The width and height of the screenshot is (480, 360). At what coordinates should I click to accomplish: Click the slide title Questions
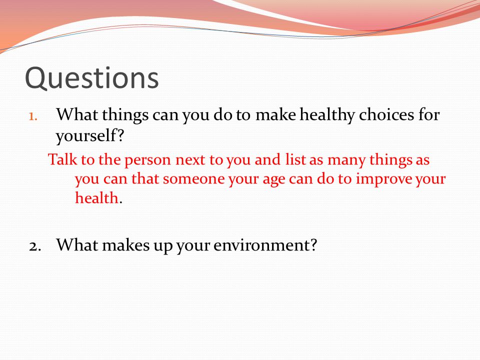[x=92, y=78]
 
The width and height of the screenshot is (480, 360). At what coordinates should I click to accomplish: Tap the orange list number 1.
[x=33, y=116]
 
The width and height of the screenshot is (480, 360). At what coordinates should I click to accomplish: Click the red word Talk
[x=62, y=159]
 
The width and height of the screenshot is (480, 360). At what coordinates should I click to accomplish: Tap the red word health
[x=96, y=198]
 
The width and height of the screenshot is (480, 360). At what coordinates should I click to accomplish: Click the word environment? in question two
[x=265, y=245]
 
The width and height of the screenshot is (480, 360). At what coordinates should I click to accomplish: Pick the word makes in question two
[x=126, y=245]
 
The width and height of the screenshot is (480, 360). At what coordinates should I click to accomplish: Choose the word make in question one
[x=275, y=115]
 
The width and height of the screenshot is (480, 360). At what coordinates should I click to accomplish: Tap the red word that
[x=145, y=179]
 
